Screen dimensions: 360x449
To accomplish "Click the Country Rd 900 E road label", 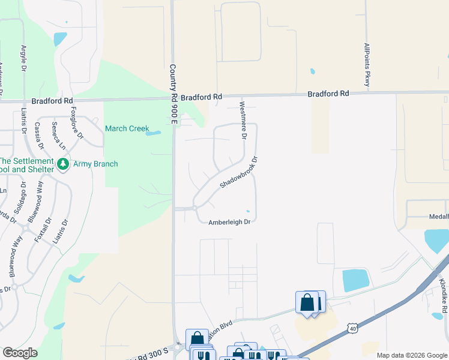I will click(173, 95).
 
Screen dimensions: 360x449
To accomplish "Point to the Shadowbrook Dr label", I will click(238, 173).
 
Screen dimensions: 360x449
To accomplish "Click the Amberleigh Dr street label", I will click(229, 222).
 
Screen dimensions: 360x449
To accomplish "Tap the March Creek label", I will click(127, 128).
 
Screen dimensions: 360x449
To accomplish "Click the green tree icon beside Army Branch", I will click(62, 164).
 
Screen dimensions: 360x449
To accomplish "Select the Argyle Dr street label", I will click(24, 58).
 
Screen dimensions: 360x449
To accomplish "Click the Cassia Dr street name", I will click(39, 136).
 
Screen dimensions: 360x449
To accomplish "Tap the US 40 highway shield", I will click(352, 327).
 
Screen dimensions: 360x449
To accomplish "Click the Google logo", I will click(20, 353).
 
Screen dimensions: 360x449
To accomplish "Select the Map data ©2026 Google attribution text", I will click(412, 355).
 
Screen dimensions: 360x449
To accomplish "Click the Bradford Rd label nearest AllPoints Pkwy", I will click(328, 94).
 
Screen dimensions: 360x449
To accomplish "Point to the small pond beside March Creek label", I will click(153, 133).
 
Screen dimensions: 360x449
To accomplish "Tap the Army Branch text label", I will click(95, 164).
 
